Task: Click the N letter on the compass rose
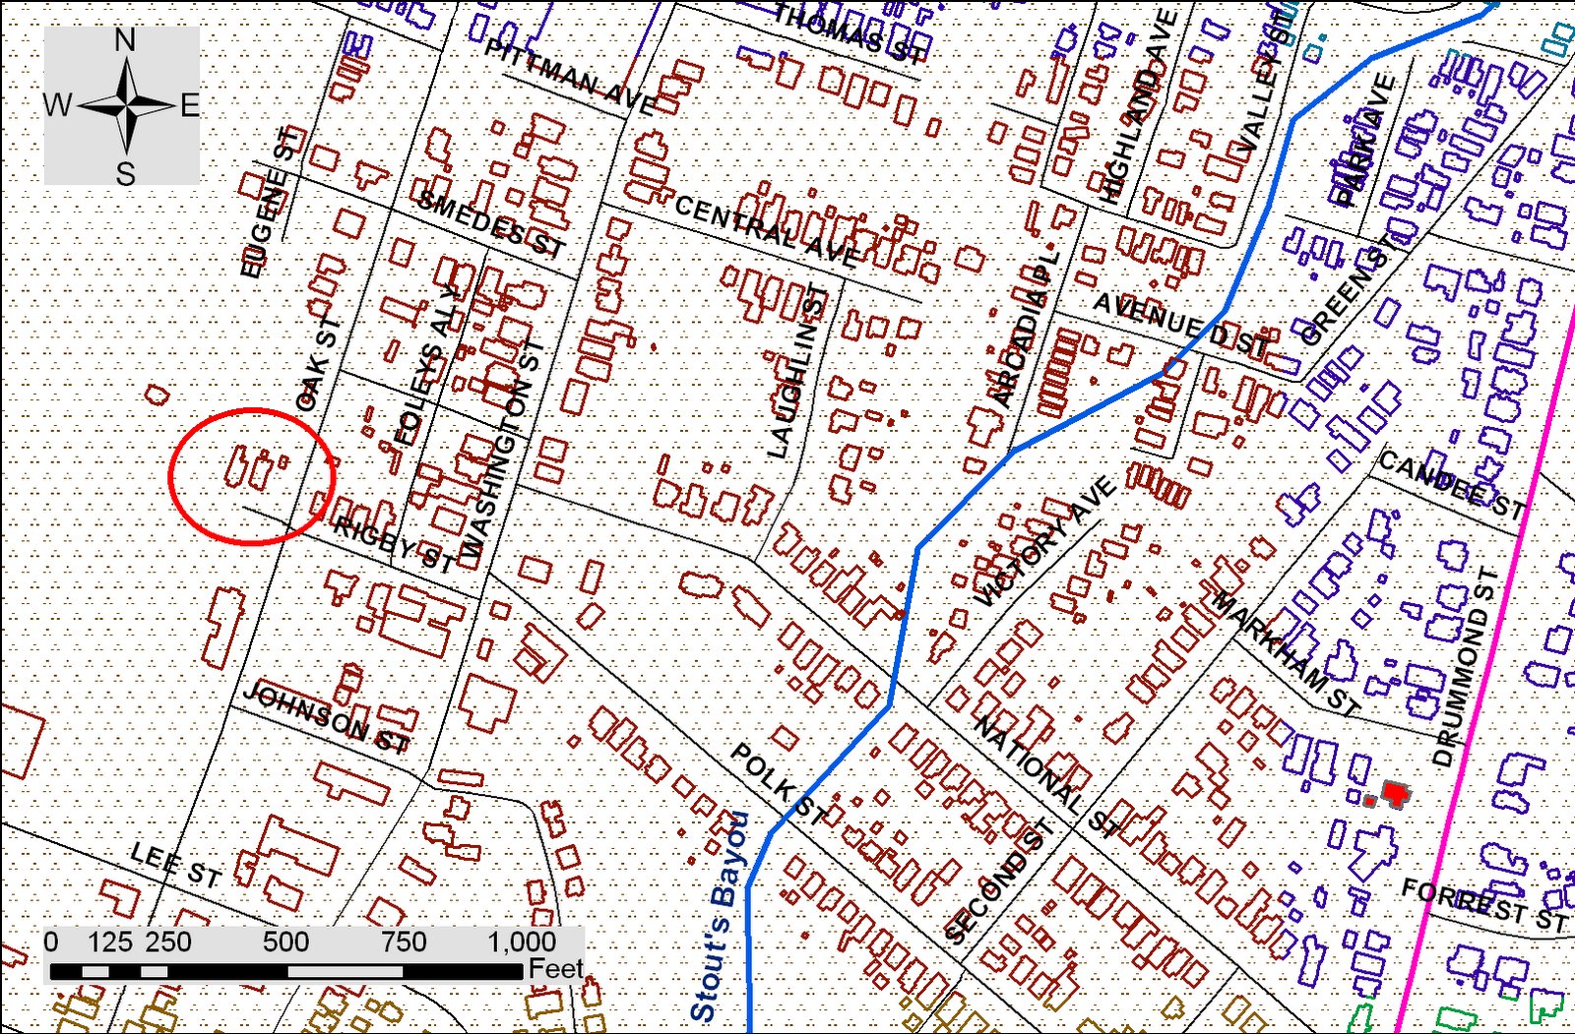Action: click(x=125, y=40)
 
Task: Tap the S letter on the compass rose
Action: click(x=125, y=174)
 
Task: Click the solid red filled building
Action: click(x=1393, y=792)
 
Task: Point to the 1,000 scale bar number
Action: click(x=521, y=942)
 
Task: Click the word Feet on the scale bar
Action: click(x=555, y=969)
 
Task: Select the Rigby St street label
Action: click(x=394, y=544)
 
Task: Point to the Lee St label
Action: click(x=176, y=865)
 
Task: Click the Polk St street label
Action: click(x=779, y=783)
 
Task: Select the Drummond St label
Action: click(x=1466, y=667)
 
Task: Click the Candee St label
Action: click(x=1451, y=483)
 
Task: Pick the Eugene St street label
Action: click(x=267, y=202)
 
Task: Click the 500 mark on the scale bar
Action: click(x=285, y=942)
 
